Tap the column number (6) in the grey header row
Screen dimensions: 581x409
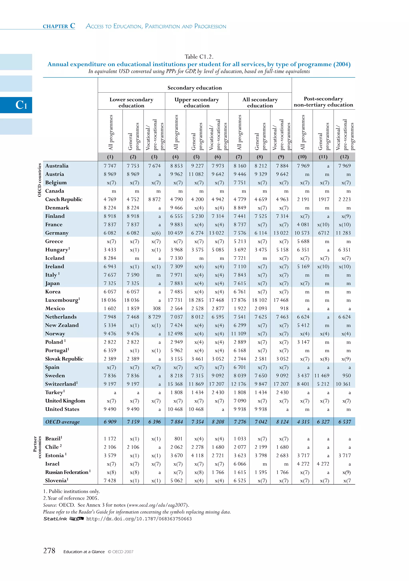(218, 157)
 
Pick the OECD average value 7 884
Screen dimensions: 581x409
(175, 422)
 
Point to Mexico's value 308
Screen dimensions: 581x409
(156, 308)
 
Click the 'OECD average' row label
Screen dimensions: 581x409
(62, 422)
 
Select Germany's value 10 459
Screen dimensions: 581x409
(175, 233)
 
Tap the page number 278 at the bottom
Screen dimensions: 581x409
(49, 551)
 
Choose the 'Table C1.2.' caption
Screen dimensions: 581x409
(199, 57)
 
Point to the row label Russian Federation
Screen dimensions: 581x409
(67, 472)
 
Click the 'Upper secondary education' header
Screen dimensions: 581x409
(197, 102)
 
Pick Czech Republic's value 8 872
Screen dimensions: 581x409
(154, 199)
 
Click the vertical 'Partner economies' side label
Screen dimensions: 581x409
(37, 447)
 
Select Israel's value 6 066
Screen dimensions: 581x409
(240, 464)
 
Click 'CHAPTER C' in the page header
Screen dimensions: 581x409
(59, 26)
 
